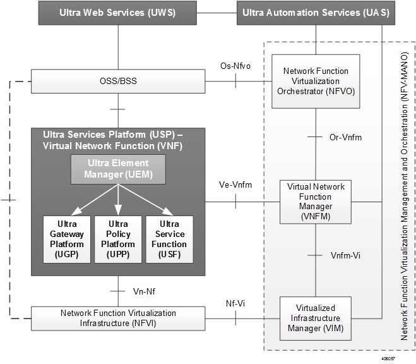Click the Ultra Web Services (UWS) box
pyautogui.click(x=118, y=13)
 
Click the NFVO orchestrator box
pyautogui.click(x=316, y=82)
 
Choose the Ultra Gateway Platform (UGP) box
pyautogui.click(x=66, y=239)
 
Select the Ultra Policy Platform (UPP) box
pyautogui.click(x=118, y=239)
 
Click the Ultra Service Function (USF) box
pyautogui.click(x=169, y=239)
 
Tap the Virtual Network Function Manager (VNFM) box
pyautogui.click(x=316, y=202)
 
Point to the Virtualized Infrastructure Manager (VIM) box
pyautogui.click(x=316, y=317)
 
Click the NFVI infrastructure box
pyautogui.click(x=118, y=318)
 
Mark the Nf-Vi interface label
pyautogui.click(x=235, y=303)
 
